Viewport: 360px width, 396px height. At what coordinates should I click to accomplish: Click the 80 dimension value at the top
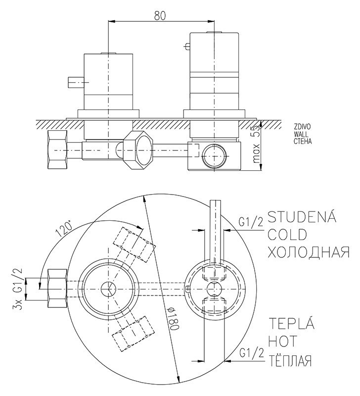[159, 15]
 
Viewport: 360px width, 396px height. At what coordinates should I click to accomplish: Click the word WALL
[302, 134]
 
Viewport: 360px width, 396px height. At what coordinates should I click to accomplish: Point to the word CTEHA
[303, 141]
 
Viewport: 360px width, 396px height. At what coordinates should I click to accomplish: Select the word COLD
[287, 234]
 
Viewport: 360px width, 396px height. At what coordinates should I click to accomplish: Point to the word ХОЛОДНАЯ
[309, 252]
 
